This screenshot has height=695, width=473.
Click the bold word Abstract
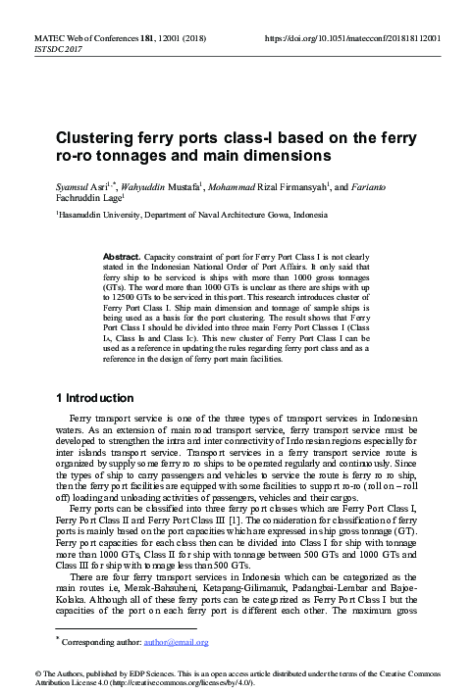click(x=122, y=254)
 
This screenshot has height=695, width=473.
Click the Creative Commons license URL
click(x=186, y=683)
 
